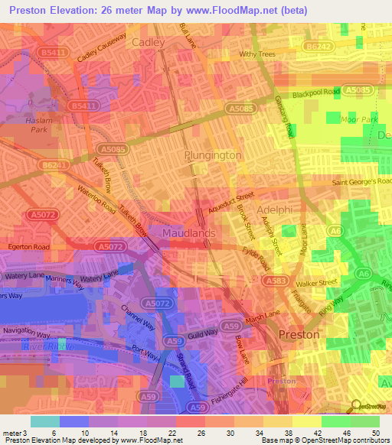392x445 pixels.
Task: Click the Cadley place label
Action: pos(149,44)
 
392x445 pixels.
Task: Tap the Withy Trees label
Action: pos(258,54)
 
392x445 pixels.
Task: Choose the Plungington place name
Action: pos(213,155)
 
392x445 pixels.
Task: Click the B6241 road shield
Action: pos(53,165)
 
